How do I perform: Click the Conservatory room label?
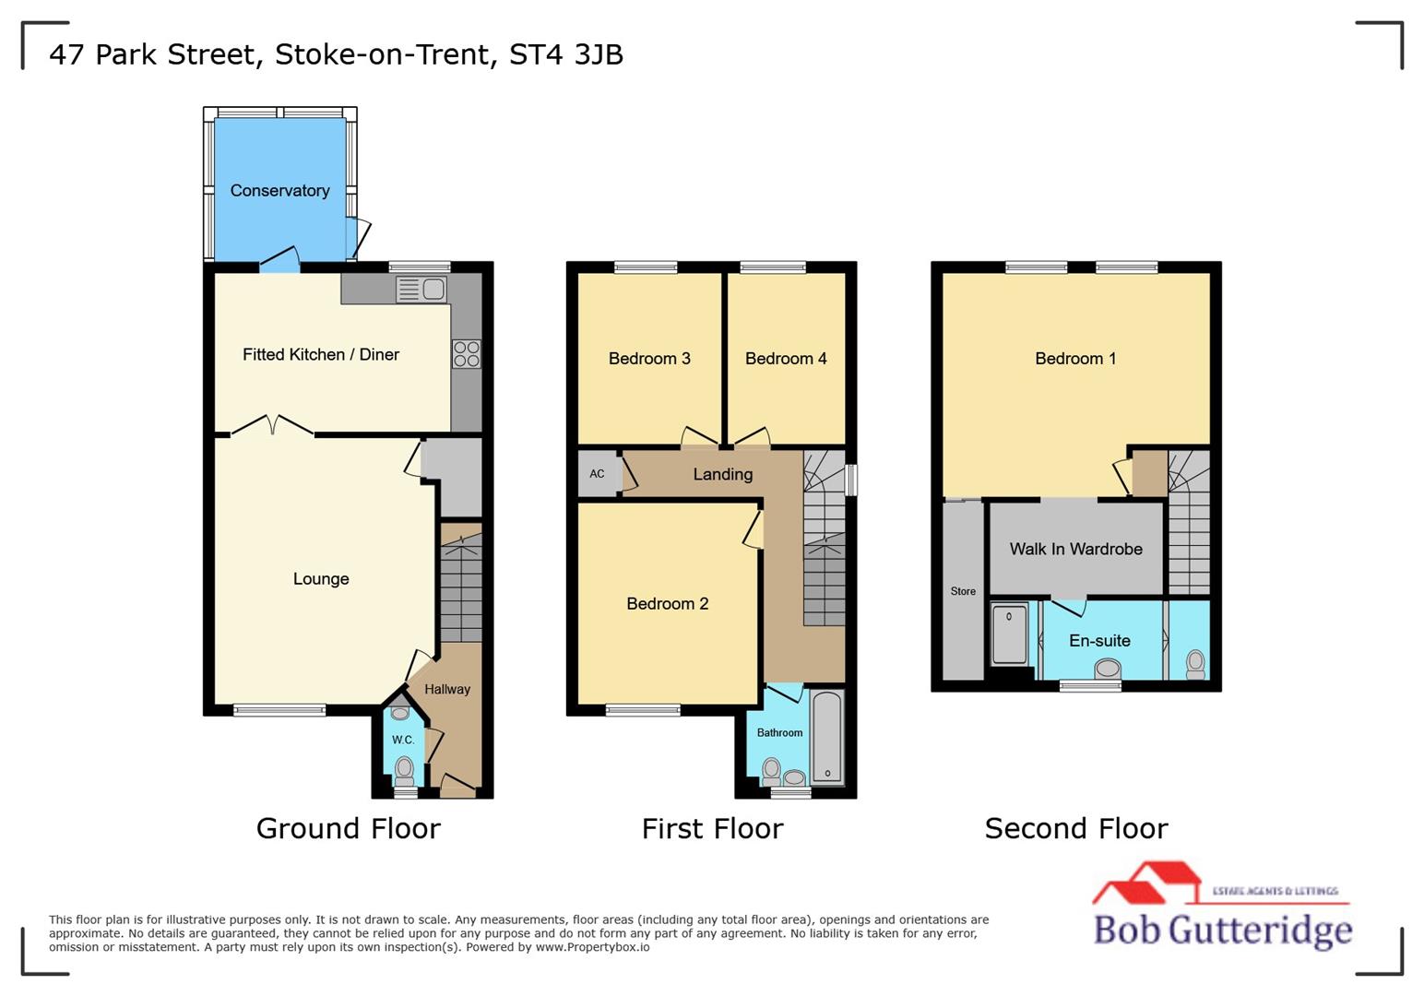[279, 191]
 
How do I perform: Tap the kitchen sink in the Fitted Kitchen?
[421, 290]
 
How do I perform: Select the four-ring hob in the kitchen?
[467, 355]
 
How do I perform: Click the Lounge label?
[321, 579]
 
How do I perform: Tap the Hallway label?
[447, 689]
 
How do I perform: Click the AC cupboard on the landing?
[598, 474]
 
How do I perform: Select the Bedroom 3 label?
[649, 359]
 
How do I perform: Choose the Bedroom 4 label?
[786, 359]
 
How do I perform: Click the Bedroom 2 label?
[667, 604]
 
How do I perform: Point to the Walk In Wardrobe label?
[1075, 550]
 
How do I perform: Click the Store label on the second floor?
[963, 591]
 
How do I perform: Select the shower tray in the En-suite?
[1009, 634]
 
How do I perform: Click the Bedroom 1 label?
[1075, 359]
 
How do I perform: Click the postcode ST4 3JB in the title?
[566, 54]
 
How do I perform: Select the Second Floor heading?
[1075, 829]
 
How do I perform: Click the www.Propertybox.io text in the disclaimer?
[592, 947]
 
